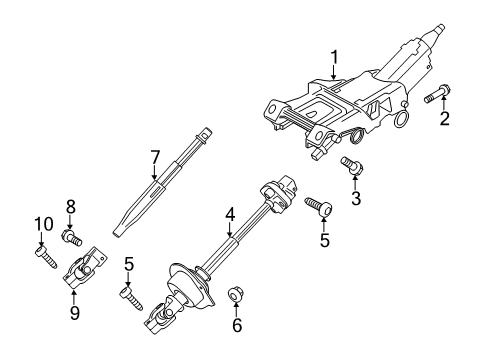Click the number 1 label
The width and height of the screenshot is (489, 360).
336,57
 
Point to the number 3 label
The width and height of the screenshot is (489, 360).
355,198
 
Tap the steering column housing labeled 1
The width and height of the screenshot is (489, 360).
340,110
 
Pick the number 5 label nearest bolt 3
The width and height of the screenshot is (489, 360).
322,240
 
